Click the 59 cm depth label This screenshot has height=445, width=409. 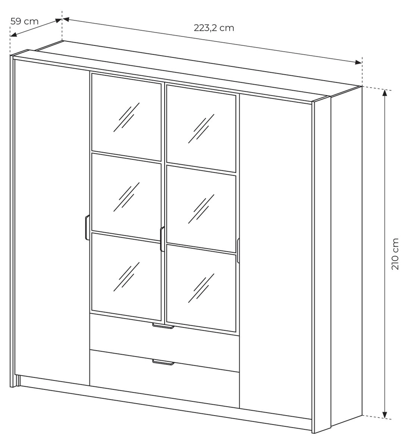tap(24, 21)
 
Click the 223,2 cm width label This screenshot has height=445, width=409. tap(214, 28)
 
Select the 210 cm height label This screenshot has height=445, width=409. tap(395, 254)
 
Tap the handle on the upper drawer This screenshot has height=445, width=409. tap(163, 326)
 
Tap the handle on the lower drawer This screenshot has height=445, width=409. tap(163, 362)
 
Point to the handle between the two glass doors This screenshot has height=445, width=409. tap(162, 239)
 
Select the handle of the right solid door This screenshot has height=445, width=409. tap(238, 250)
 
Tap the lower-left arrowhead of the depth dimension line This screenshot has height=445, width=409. tap(14, 35)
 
